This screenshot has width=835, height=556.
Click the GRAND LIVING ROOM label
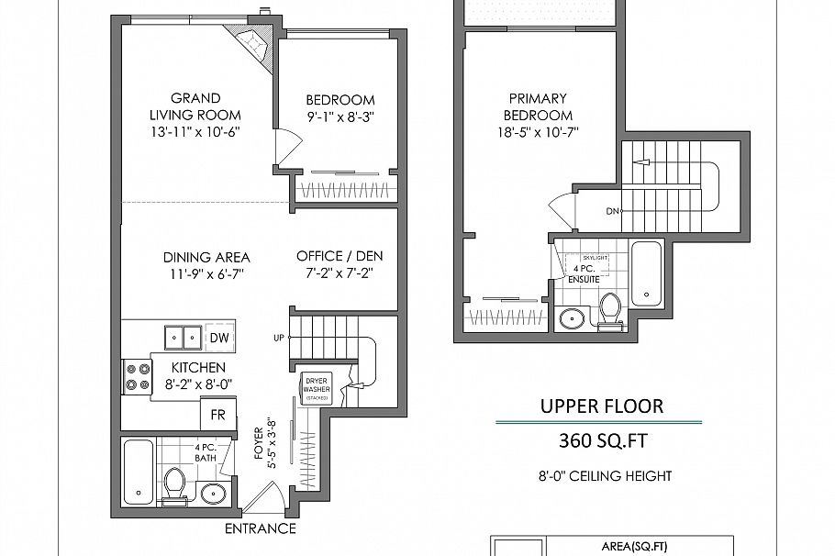tap(195, 106)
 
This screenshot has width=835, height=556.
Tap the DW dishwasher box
tap(219, 338)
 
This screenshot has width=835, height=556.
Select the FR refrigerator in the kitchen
tap(218, 414)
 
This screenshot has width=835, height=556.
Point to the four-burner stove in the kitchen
tap(137, 376)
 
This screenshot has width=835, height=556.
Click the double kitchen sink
tap(182, 338)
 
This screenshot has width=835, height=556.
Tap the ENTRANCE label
tap(261, 529)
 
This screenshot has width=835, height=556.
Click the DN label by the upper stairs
tap(611, 212)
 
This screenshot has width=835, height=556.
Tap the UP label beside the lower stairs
tap(279, 337)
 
